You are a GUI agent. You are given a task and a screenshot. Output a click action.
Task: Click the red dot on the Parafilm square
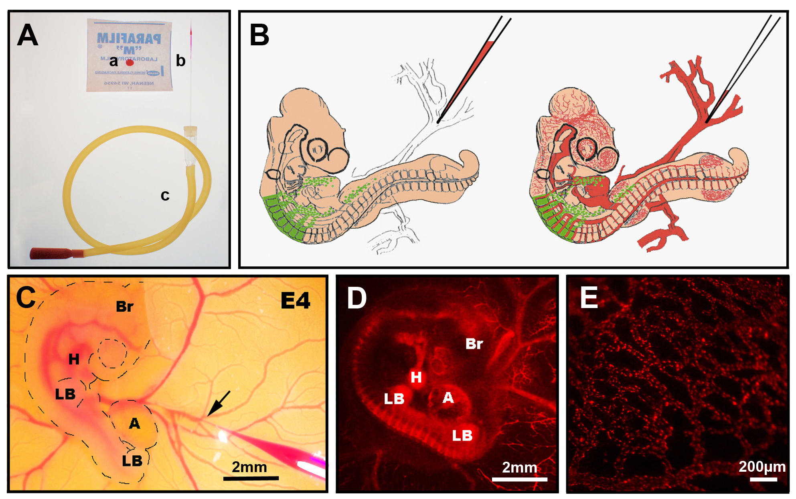tap(130, 62)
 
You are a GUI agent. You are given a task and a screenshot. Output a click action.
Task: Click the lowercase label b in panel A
tap(180, 61)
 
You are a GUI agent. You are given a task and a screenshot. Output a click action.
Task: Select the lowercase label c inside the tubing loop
tap(165, 195)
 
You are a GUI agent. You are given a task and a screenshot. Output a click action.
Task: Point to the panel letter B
tap(259, 35)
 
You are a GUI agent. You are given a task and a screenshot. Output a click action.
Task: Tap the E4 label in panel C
tap(296, 300)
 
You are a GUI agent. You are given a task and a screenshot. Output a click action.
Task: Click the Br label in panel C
tap(124, 307)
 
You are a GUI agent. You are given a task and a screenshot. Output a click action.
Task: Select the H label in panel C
tap(74, 359)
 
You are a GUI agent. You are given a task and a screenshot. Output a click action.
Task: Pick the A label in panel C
tap(135, 424)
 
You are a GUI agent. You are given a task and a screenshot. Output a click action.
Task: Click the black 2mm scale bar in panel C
tap(251, 478)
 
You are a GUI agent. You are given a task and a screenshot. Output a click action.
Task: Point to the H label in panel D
tap(416, 377)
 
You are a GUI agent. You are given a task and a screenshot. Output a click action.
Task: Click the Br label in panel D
tap(474, 344)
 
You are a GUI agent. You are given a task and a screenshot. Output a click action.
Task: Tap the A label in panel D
tap(448, 398)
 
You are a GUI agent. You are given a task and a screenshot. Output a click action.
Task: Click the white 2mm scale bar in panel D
tap(519, 479)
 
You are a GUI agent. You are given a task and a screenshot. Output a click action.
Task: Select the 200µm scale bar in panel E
tap(764, 479)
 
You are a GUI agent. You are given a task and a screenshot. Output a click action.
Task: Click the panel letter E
tap(589, 298)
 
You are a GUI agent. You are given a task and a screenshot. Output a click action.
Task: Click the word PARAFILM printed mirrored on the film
tap(129, 39)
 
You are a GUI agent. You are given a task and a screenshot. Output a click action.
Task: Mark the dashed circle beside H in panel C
tap(112, 353)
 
